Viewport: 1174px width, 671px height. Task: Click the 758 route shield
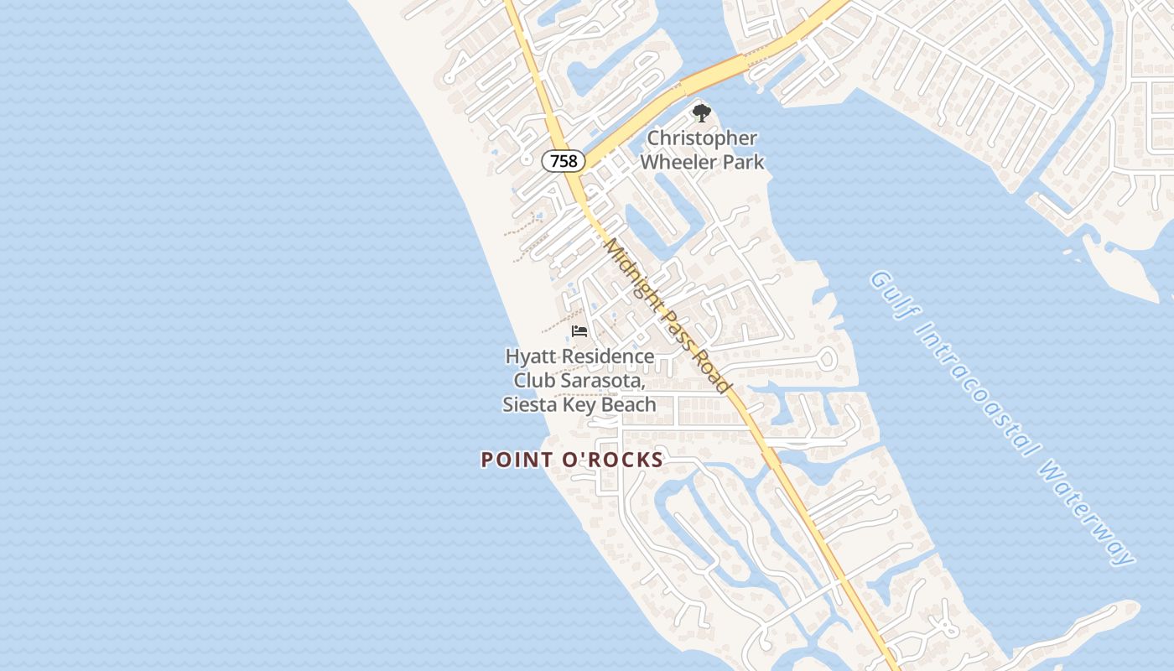[x=564, y=160]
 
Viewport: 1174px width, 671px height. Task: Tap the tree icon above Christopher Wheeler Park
[x=701, y=112]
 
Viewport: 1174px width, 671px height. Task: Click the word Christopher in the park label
[x=701, y=138]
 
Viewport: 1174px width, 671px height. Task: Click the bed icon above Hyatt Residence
[x=579, y=332]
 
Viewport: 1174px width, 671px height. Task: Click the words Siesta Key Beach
[x=579, y=404]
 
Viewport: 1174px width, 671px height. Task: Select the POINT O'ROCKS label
[x=572, y=460]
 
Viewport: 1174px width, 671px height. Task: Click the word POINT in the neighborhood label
[x=517, y=460]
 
